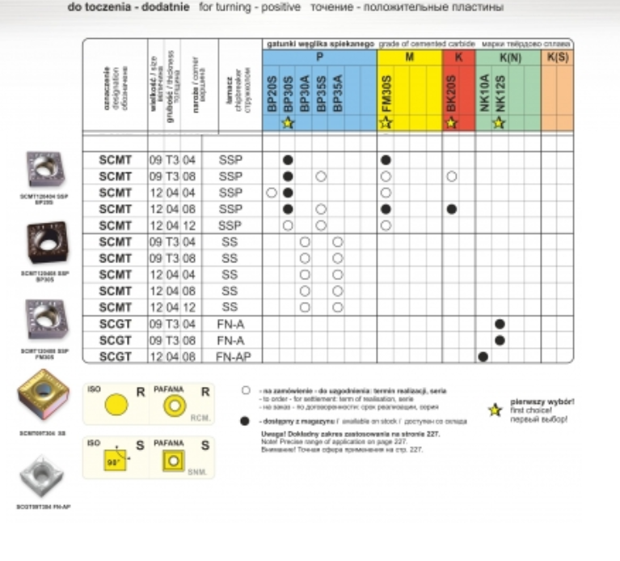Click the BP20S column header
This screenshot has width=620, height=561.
(272, 91)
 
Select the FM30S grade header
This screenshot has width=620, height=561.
(386, 91)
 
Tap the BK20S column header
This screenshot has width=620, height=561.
(452, 91)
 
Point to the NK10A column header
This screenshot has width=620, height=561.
(483, 91)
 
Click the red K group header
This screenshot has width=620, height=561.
(458, 58)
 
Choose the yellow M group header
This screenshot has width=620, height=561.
(409, 58)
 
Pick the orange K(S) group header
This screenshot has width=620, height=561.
(557, 58)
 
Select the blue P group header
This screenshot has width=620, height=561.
(319, 58)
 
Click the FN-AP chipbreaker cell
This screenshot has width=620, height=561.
(230, 356)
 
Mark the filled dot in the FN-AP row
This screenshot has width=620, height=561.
(483, 356)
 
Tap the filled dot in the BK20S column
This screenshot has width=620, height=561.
(452, 209)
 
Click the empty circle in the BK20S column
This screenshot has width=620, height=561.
(452, 176)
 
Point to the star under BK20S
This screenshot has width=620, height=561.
(452, 123)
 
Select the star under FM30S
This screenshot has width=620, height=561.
(386, 123)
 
